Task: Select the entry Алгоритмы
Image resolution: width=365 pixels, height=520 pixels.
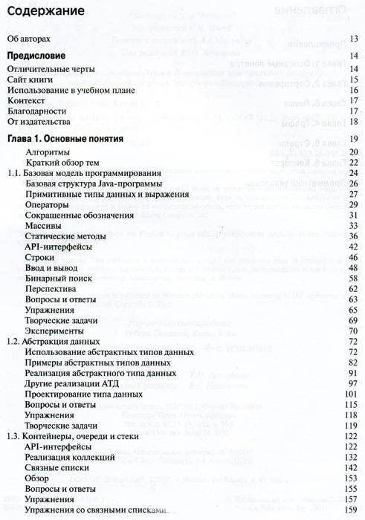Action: tap(48, 152)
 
